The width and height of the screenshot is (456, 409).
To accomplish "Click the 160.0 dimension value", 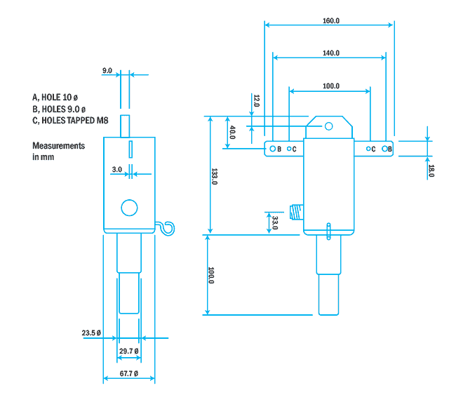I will pyautogui.click(x=330, y=21).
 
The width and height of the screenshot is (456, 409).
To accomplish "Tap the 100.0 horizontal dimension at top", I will pyautogui.click(x=330, y=86).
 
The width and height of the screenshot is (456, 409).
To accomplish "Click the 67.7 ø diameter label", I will pyautogui.click(x=128, y=373).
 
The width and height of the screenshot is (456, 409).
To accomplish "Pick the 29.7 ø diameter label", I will pyautogui.click(x=128, y=351).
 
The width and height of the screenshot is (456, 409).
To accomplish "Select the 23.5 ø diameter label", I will pyautogui.click(x=91, y=333).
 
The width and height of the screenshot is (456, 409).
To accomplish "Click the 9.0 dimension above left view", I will pyautogui.click(x=107, y=71).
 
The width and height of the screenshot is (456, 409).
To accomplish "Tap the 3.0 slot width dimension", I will pyautogui.click(x=116, y=169).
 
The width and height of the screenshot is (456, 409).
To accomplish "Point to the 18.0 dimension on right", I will pyautogui.click(x=431, y=170).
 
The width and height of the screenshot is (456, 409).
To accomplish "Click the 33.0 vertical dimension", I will pyautogui.click(x=274, y=222).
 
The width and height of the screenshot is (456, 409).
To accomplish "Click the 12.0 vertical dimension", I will pyautogui.click(x=256, y=101).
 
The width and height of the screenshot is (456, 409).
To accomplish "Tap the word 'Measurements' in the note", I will pyautogui.click(x=58, y=146).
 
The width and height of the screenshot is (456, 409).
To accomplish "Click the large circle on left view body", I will pyautogui.click(x=129, y=208).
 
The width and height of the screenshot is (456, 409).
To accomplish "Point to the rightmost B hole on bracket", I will pyautogui.click(x=385, y=149).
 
